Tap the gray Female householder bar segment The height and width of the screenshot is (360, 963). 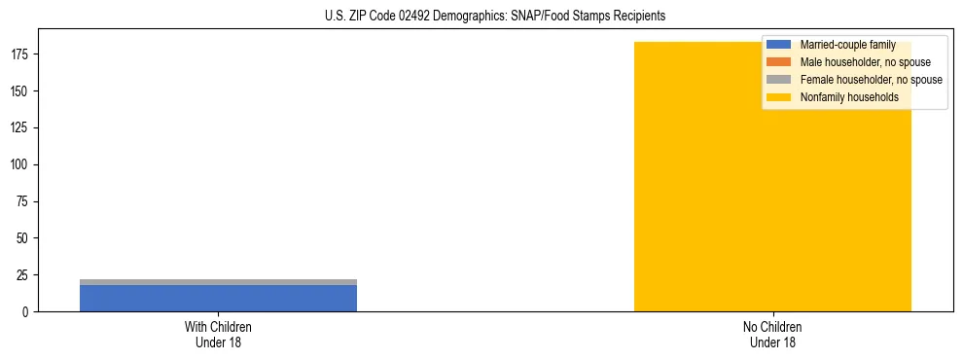pos(218,282)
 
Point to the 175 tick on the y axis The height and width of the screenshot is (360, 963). pos(22,54)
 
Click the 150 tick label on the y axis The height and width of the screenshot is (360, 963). pos(22,91)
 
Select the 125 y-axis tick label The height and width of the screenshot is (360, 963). pos(22,128)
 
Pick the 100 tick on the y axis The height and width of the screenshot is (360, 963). pos(22,165)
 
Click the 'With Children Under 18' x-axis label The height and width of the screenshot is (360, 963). pos(218,334)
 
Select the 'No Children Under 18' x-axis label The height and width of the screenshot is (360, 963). pos(772,334)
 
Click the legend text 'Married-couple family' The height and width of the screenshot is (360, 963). pos(847,45)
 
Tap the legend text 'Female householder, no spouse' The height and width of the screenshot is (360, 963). pos(871,80)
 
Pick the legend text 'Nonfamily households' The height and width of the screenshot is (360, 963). pos(849,97)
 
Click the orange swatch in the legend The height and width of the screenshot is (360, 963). pos(778,62)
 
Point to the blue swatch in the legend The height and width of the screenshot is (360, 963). pos(778,45)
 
